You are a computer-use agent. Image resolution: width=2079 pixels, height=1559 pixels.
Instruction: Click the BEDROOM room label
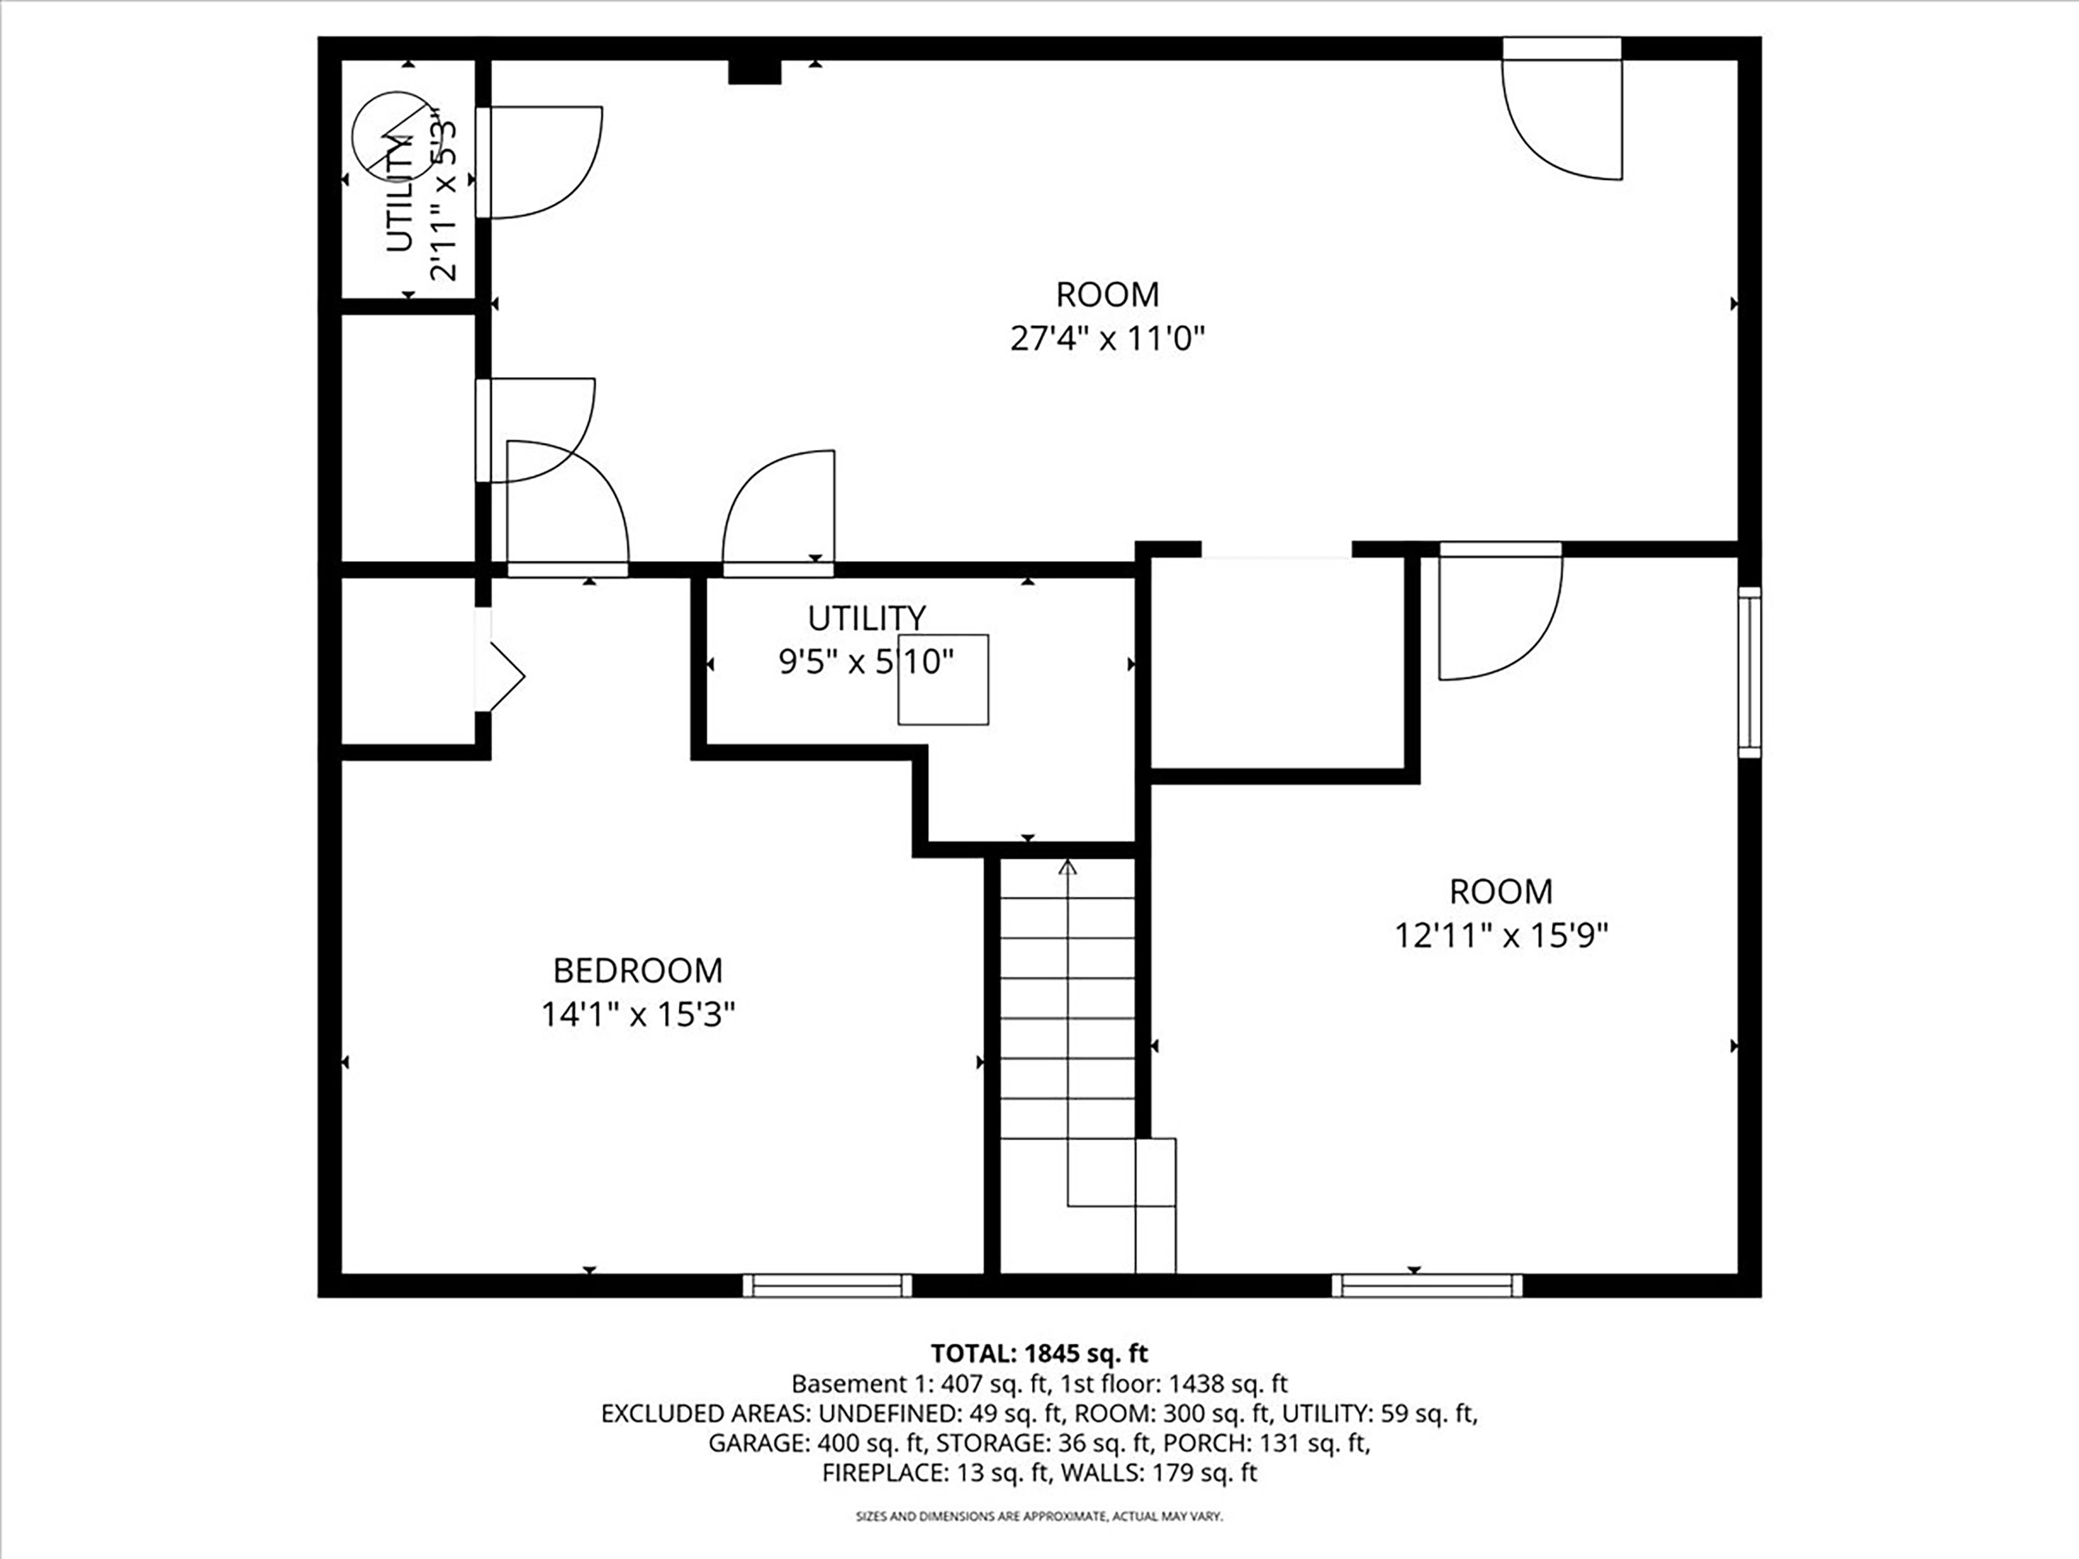click(x=637, y=970)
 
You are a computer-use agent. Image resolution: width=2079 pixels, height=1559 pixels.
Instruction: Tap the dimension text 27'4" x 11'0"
click(x=1107, y=338)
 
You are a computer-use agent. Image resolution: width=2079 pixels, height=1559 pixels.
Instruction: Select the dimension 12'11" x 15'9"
click(x=1501, y=936)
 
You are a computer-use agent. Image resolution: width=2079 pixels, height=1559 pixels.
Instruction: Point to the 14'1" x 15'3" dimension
click(x=637, y=1015)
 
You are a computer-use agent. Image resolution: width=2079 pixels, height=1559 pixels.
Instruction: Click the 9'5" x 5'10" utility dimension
click(x=865, y=663)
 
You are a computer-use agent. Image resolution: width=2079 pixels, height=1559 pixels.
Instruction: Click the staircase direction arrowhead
click(x=1067, y=867)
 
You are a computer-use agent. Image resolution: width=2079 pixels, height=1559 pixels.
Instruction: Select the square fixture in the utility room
click(x=943, y=680)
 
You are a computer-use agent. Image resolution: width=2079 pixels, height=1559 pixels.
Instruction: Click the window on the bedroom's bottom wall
click(x=827, y=1285)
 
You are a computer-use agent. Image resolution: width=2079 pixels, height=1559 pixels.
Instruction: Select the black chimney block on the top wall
click(x=755, y=72)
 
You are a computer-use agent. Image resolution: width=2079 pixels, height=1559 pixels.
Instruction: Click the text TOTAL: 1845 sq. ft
click(x=1038, y=1353)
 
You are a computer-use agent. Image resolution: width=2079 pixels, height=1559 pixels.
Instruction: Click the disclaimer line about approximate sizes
click(x=1038, y=1516)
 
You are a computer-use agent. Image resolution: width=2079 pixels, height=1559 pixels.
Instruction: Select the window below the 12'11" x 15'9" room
click(x=1427, y=1285)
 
